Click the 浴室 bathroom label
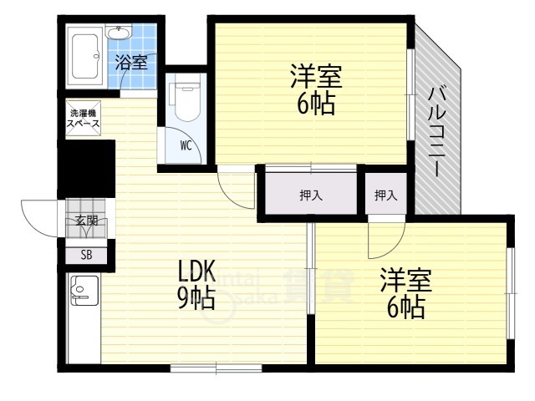[x=130, y=62]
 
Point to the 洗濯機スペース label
[x=84, y=117]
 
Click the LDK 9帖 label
[x=197, y=284]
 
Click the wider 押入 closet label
[x=311, y=195]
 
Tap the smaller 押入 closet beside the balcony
[x=385, y=195]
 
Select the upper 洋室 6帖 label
[x=313, y=90]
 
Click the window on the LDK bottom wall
[x=216, y=368]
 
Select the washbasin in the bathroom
[x=119, y=33]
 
